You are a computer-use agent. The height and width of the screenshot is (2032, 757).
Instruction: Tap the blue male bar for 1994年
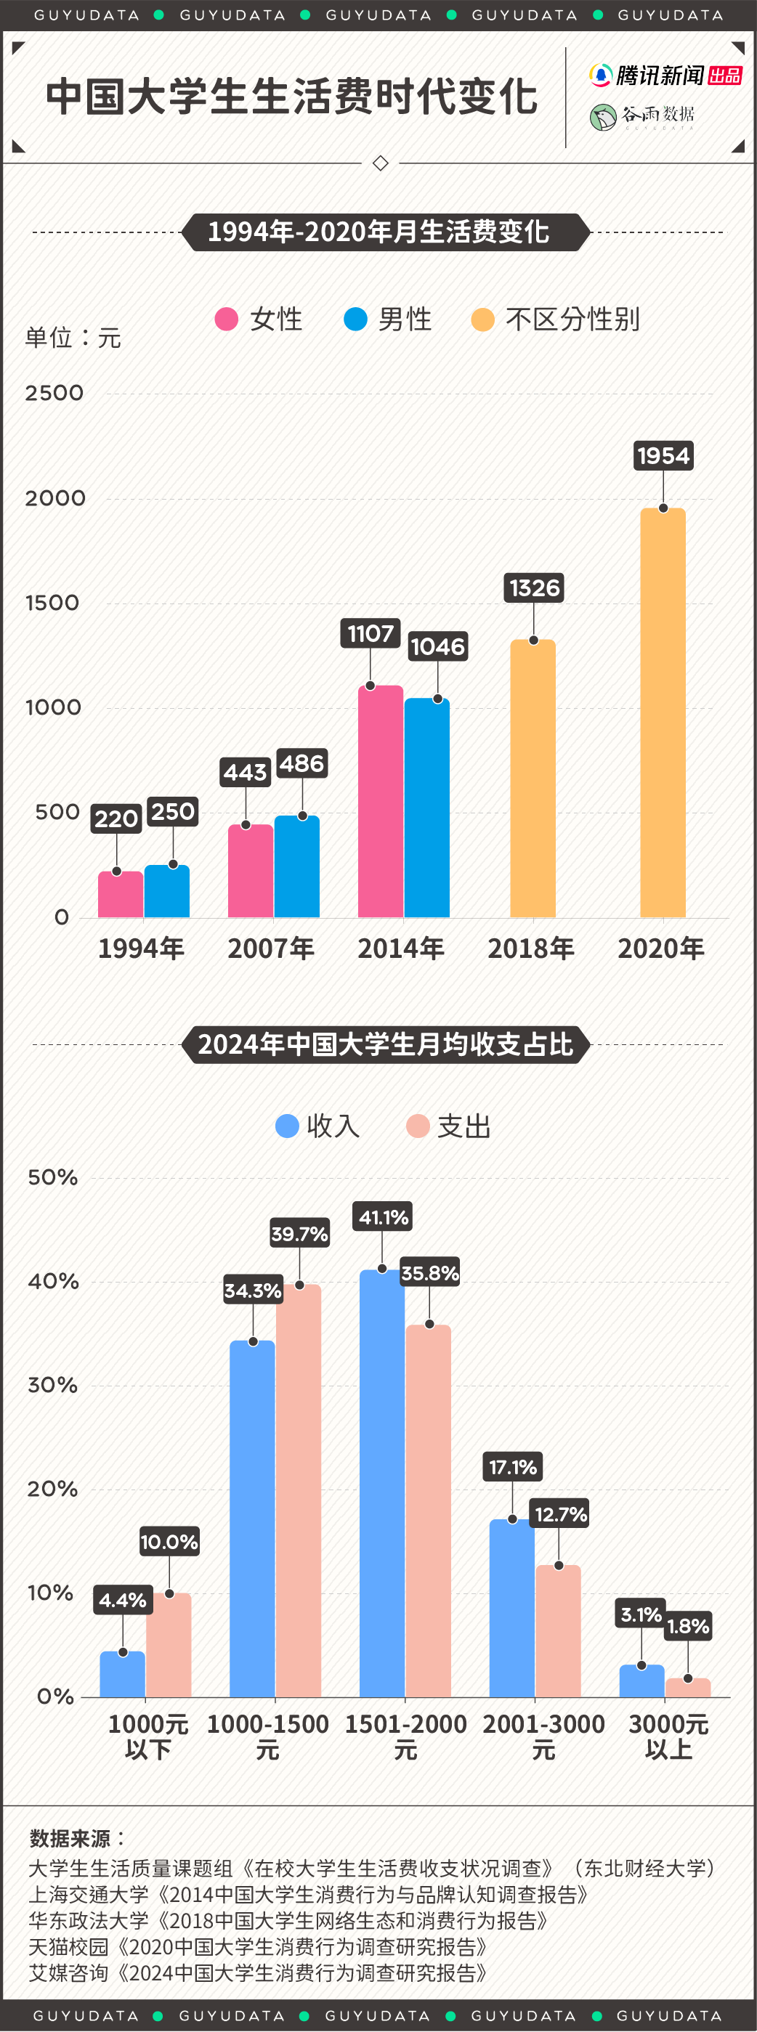click(166, 891)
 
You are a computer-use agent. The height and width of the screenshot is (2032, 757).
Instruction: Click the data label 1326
click(534, 588)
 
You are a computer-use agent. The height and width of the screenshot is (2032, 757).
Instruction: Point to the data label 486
click(301, 763)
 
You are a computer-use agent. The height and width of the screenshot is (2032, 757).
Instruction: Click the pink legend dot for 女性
click(227, 320)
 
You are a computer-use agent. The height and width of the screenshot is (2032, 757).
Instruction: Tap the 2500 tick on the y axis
click(54, 393)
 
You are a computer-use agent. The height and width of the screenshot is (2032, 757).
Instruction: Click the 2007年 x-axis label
click(271, 948)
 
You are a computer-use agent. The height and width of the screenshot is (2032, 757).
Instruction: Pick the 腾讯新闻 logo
click(665, 76)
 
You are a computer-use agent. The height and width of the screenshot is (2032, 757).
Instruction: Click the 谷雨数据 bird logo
click(603, 118)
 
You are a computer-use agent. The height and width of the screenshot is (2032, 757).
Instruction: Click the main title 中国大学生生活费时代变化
click(291, 97)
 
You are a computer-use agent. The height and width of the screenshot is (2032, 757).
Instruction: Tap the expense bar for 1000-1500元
click(299, 1491)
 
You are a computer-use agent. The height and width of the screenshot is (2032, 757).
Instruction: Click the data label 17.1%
click(512, 1467)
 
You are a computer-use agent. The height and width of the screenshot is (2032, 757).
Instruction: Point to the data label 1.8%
click(687, 1627)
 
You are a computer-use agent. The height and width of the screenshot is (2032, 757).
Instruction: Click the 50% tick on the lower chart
click(52, 1178)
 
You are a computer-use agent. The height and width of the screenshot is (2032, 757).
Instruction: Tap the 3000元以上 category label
click(668, 1737)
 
